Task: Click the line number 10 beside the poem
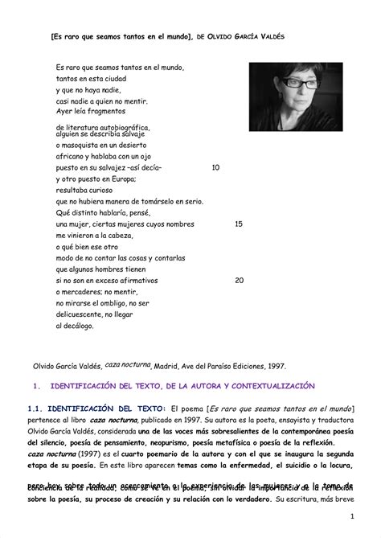(215, 167)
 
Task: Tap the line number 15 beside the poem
(239, 224)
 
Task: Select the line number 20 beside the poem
(239, 281)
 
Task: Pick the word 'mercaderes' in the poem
(83, 292)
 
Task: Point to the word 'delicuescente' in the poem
(84, 314)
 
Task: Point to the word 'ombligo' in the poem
(118, 303)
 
